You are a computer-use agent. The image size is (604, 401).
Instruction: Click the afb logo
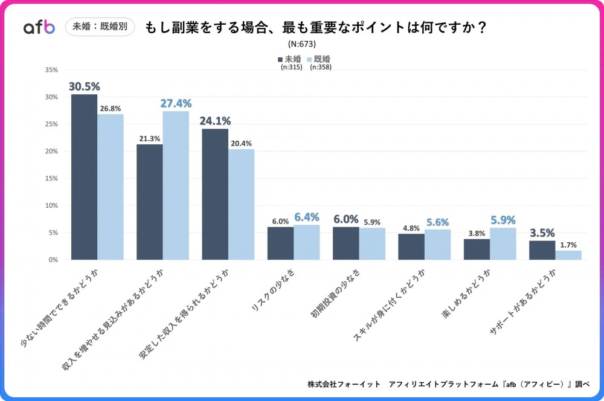pos(39,27)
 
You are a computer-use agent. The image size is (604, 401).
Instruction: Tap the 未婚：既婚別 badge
pos(100,27)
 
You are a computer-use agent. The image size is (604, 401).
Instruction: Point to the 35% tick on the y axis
pos(51,70)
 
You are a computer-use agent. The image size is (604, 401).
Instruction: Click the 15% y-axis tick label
pos(51,179)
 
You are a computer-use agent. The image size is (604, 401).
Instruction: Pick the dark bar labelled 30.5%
pos(84,177)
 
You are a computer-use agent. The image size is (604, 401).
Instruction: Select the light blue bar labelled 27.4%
pos(176,185)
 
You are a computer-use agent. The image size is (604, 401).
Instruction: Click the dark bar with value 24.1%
pos(215,194)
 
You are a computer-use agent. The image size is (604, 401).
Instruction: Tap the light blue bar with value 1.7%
pos(568,255)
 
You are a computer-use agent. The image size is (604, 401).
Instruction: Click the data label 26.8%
pos(112,109)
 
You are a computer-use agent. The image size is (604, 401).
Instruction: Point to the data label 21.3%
pos(149,139)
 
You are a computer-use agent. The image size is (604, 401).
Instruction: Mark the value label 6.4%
pos(307,217)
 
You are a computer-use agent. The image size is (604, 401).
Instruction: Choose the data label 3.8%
pos(477,234)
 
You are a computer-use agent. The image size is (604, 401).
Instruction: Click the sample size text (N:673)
pos(302,44)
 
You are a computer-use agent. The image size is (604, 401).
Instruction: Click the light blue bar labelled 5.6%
pos(437,244)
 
